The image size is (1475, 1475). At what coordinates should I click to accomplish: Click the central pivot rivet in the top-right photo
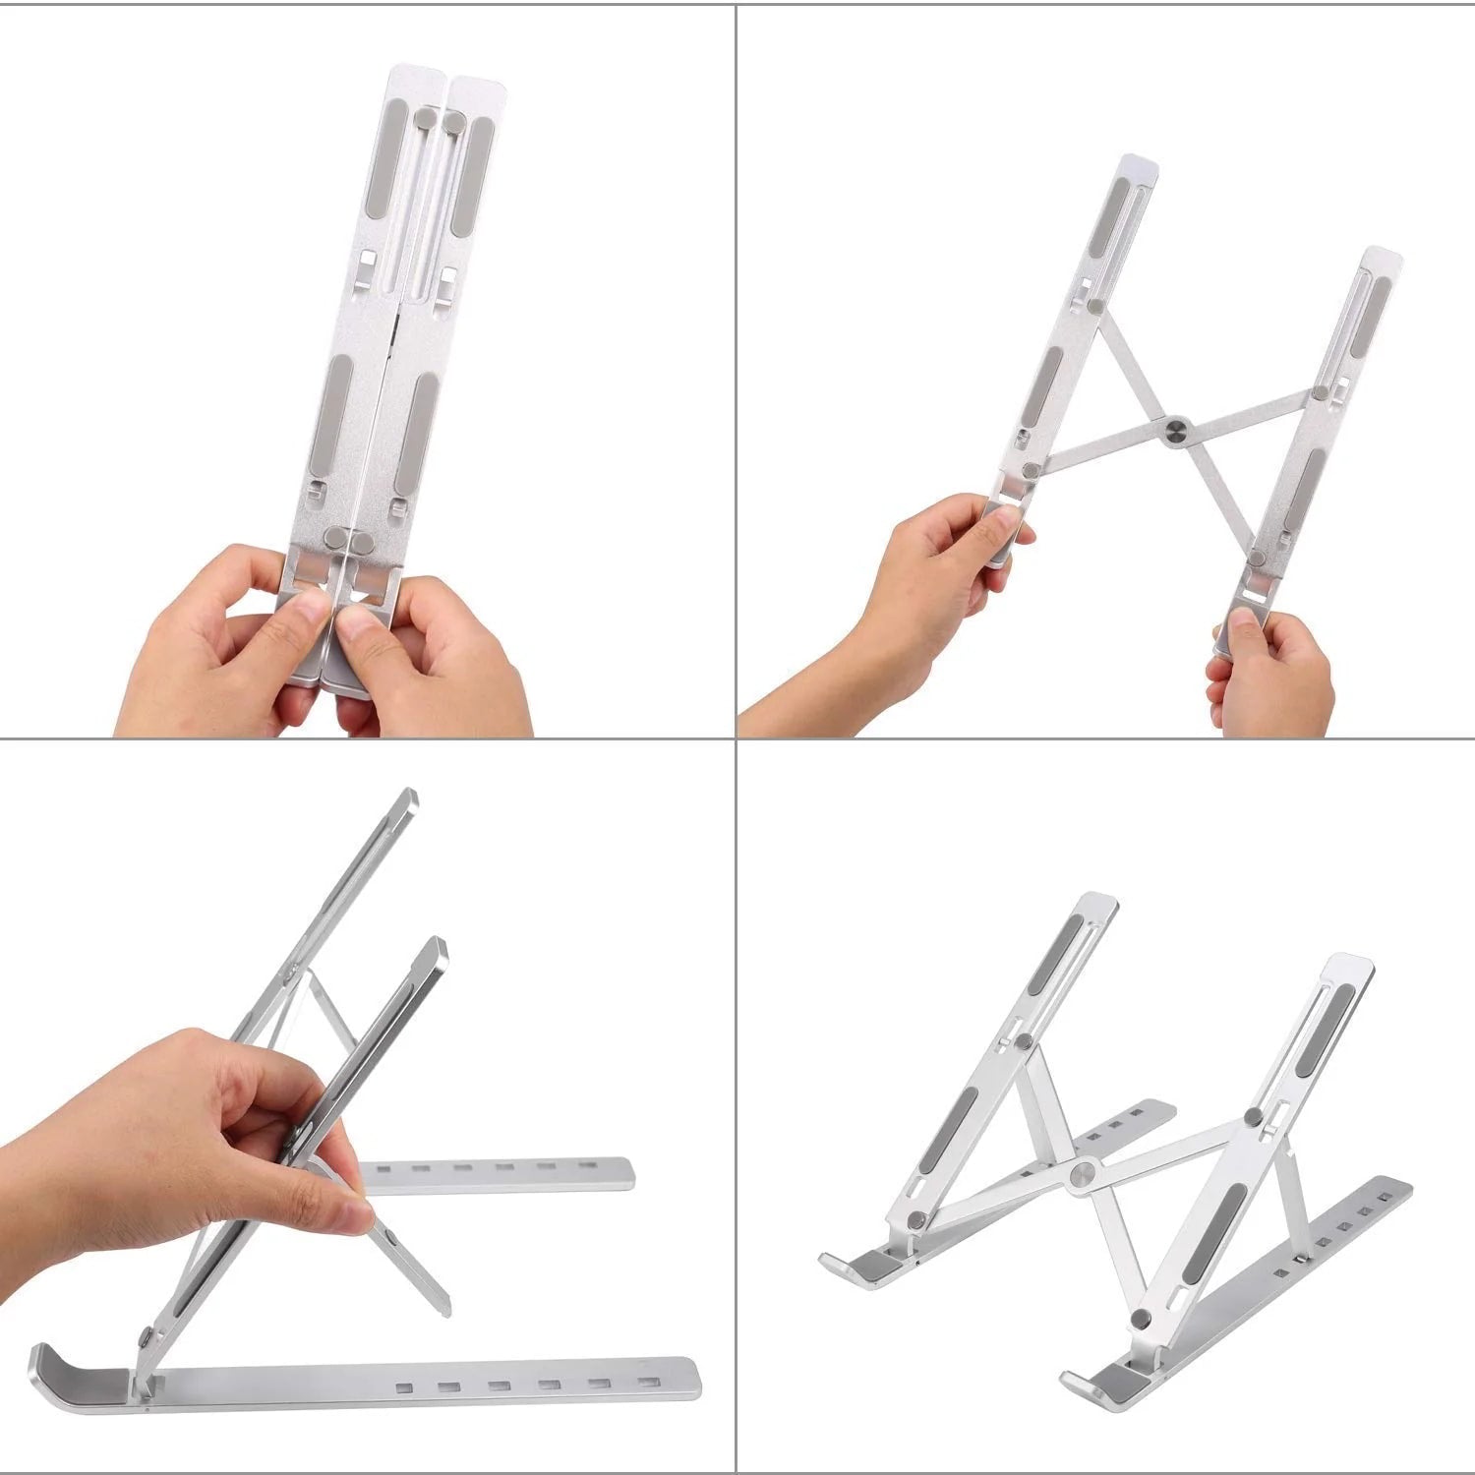[x=1175, y=430]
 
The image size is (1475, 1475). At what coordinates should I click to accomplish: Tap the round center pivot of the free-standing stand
[x=1085, y=1171]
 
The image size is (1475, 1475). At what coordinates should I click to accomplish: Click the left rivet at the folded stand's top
[x=425, y=119]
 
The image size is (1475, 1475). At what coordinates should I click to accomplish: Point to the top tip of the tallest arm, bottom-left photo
[x=406, y=796]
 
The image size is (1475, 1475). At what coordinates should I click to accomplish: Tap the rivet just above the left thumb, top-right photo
[x=1030, y=471]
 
